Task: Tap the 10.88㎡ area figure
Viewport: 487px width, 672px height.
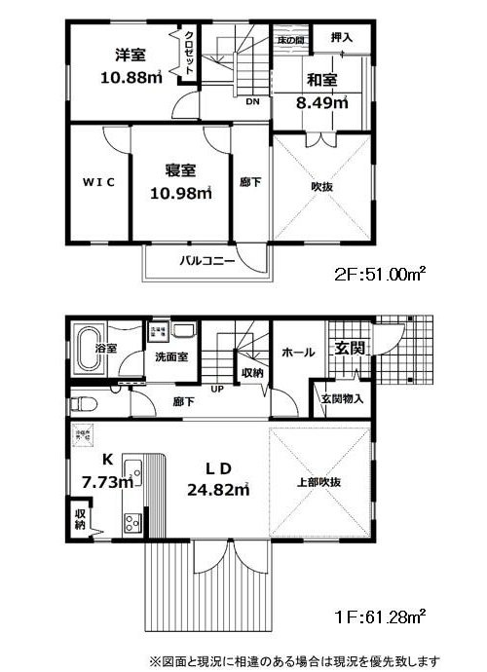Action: [x=131, y=77]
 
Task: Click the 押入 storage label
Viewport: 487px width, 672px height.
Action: [x=341, y=38]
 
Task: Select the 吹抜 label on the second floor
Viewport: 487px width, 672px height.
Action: [x=323, y=185]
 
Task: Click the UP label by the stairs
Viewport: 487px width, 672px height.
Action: [x=216, y=388]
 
